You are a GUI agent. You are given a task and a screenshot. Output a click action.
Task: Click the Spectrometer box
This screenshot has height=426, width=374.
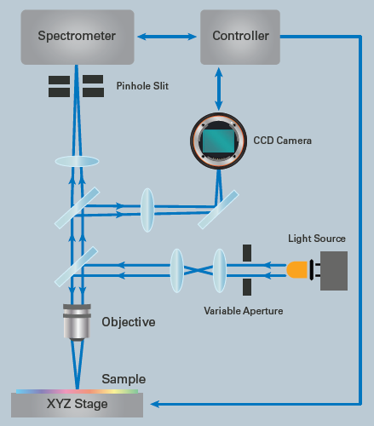point(77,36)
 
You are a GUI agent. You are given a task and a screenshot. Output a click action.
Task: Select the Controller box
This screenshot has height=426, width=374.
point(239,36)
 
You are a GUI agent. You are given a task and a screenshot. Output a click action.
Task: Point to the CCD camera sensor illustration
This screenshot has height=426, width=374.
point(219,137)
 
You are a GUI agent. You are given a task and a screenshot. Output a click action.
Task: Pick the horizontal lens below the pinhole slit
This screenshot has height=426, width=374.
point(78,161)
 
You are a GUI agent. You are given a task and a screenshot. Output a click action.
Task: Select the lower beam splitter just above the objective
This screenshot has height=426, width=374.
point(77,266)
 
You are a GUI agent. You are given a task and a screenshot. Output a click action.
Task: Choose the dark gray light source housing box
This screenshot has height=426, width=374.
point(334,271)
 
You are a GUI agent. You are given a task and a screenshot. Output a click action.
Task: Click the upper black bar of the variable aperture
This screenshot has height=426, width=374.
point(247,253)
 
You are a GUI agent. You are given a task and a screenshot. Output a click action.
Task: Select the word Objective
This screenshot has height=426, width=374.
point(128,323)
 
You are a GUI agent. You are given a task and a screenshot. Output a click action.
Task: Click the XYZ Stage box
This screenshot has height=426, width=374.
point(78,403)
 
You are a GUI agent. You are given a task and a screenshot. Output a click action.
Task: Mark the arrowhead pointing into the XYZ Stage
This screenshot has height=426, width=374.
point(154,403)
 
